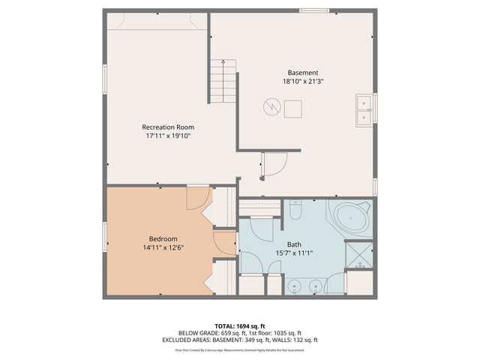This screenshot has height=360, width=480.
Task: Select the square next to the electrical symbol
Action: click(293, 109)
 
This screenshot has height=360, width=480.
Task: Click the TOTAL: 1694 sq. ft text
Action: click(239, 326)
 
